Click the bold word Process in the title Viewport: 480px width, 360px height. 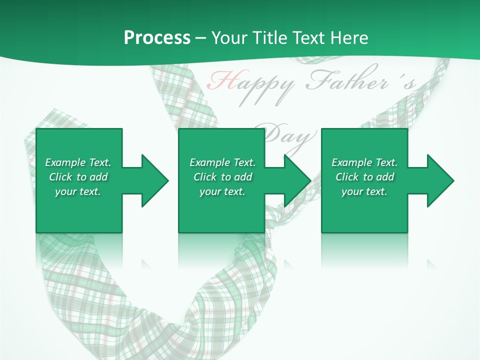pos(157,38)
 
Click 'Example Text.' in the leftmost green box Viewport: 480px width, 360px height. pos(78,162)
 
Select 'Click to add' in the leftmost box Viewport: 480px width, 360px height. pos(78,177)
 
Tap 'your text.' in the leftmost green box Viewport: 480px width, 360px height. pos(78,191)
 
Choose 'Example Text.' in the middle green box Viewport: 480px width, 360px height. pos(222,162)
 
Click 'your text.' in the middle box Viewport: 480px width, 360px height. pos(222,191)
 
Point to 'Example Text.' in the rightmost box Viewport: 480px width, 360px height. pos(364,162)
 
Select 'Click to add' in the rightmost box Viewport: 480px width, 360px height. pos(364,177)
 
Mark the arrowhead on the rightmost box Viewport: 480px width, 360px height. pos(439,180)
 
